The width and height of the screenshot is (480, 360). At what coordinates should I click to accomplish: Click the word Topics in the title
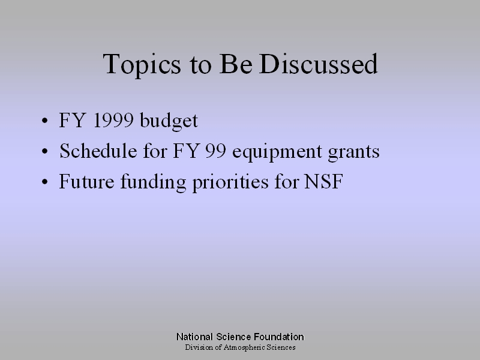[142, 65]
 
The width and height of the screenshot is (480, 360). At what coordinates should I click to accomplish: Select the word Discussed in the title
[319, 64]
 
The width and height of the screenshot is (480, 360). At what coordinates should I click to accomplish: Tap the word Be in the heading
[236, 64]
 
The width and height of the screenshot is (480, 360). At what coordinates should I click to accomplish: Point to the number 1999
[113, 120]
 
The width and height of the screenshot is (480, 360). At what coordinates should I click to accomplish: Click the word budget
[169, 121]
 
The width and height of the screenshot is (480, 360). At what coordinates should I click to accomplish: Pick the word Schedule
[98, 151]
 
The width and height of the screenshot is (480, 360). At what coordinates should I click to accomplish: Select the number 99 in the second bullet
[215, 151]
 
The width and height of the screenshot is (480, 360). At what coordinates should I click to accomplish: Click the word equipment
[277, 152]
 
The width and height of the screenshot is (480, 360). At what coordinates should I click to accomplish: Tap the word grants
[353, 153]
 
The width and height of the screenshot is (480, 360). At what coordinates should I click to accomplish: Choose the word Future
[86, 181]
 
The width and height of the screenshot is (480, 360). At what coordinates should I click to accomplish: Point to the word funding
[153, 182]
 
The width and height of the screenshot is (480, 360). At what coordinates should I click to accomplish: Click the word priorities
[230, 182]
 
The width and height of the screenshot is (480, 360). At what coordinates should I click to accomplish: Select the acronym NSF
[323, 181]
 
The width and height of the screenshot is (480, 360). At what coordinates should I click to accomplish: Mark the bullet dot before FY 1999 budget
[44, 121]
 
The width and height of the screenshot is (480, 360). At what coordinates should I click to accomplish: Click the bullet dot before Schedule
[44, 151]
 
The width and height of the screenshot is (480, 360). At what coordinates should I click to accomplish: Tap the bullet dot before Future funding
[44, 182]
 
